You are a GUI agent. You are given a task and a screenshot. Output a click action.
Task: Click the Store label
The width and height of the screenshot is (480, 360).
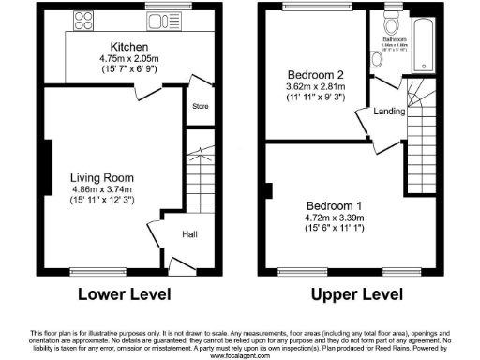click(198, 106)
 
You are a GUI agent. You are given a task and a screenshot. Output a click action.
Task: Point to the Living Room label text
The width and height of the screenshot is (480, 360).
click(103, 177)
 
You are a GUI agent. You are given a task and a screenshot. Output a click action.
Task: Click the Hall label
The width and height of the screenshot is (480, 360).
click(188, 234)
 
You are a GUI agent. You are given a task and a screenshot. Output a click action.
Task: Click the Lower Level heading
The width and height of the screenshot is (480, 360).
click(125, 293)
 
